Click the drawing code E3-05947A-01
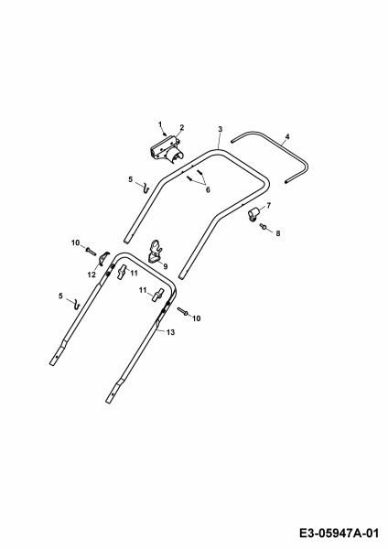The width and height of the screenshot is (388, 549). pyautogui.click(x=339, y=533)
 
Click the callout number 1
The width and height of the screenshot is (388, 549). pyautogui.click(x=160, y=124)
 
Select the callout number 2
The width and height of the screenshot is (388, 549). pyautogui.click(x=182, y=127)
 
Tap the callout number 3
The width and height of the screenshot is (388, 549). pyautogui.click(x=220, y=129)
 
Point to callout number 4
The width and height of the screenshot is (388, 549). pyautogui.click(x=287, y=136)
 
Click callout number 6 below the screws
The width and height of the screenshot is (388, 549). pyautogui.click(x=208, y=189)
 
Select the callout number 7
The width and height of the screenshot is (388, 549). pyautogui.click(x=269, y=206)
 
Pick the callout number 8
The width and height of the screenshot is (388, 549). pyautogui.click(x=278, y=233)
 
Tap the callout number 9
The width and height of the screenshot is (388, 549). pyautogui.click(x=166, y=266)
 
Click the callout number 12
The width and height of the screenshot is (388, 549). pyautogui.click(x=92, y=275)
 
